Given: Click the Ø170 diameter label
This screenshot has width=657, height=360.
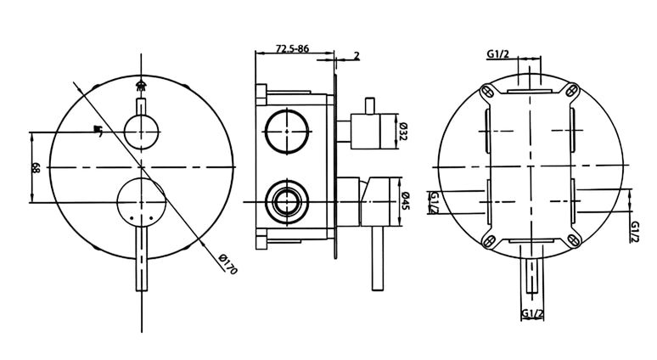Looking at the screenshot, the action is tap(228, 264).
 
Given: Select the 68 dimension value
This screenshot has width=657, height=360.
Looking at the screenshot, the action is tap(36, 168).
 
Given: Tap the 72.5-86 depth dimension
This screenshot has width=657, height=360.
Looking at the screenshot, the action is tap(292, 48).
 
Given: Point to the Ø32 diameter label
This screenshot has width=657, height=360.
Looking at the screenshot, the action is tap(403, 132).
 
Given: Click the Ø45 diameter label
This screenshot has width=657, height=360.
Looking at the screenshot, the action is tap(406, 201).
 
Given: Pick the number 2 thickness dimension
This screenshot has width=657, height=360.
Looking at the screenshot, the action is tap(357, 55).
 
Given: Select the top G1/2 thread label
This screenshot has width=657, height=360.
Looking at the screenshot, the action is tap(497, 53).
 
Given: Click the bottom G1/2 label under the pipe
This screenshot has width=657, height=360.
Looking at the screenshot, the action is tap(532, 313).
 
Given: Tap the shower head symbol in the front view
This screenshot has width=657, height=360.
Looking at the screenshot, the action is tap(141, 85).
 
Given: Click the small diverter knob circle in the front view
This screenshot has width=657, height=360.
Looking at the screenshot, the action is tap(142, 132).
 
